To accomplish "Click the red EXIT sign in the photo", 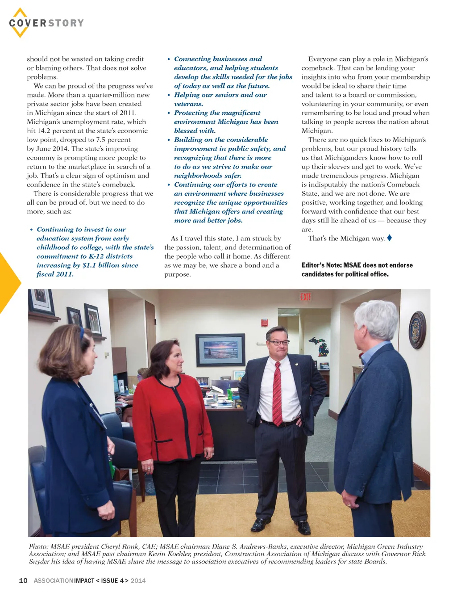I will [305, 297].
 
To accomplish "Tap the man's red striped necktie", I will [277, 393].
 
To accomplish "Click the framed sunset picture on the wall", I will [220, 350].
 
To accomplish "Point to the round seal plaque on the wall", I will [417, 330].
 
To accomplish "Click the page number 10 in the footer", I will [23, 580].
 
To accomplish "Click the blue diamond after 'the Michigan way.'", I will [390, 238].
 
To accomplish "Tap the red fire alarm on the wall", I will [265, 322].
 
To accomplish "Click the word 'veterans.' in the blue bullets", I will [188, 104].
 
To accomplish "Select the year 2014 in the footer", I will [138, 580].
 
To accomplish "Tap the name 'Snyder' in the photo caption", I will [39, 561].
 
